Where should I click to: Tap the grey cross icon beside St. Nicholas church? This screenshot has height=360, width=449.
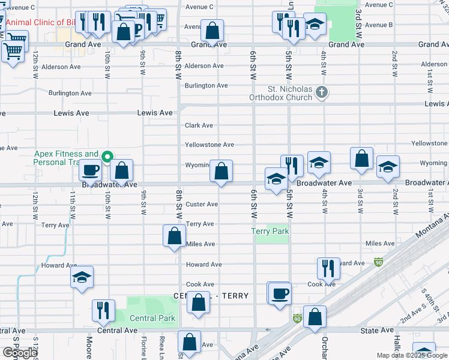[x=322, y=92]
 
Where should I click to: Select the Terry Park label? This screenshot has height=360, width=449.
[x=270, y=231]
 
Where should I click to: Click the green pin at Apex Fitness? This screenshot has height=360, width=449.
[x=107, y=158]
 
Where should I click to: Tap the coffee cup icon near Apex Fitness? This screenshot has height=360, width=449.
[x=91, y=170]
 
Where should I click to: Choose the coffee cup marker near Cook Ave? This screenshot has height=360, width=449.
[x=280, y=294]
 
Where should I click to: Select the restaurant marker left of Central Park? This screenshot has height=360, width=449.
[x=103, y=310]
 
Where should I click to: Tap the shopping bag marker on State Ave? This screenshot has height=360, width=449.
[x=315, y=316]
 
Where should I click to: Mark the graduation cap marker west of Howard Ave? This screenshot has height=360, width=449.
[x=82, y=277]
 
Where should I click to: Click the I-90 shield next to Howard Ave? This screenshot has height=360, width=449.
[x=378, y=262]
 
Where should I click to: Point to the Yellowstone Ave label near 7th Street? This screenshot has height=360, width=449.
[x=209, y=145]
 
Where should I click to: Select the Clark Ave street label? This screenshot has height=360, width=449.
[x=199, y=125]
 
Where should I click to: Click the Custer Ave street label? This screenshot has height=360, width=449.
[x=202, y=204]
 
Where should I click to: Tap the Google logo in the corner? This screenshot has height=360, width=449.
[x=19, y=353]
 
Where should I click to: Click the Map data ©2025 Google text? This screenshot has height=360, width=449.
[x=412, y=355]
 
